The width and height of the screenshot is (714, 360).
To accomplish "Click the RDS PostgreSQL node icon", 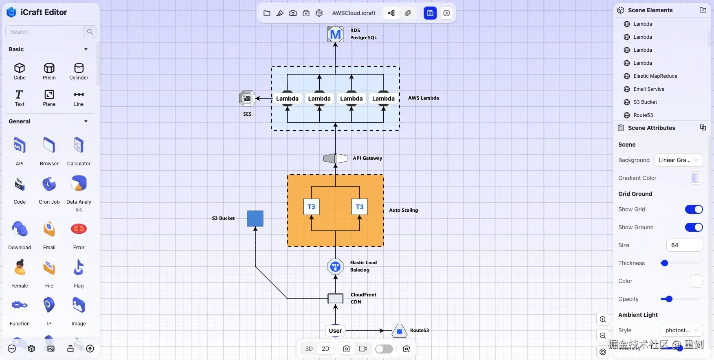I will coord(335,34).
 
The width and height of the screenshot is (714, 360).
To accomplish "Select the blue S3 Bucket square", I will coord(255,218).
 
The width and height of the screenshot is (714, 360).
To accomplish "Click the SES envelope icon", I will coord(247,99).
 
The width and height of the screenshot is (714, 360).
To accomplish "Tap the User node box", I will coord(335,331).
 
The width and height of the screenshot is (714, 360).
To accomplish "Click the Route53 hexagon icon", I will coord(399,331).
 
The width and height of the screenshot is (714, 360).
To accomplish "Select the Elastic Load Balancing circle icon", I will coord(335,267).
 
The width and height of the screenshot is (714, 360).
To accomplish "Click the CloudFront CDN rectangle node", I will coord(335,299).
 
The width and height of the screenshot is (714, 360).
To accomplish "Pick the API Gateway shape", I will coord(335,158).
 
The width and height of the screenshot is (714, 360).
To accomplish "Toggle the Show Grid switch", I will coord(694,209).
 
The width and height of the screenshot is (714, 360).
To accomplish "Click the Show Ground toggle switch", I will coord(694,227).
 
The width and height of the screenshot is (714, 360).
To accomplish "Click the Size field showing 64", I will coord(684,245).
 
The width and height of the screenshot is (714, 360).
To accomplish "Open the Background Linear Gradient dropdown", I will coord(678,160).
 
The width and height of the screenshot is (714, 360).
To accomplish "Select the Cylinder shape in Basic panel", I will coord(79,71).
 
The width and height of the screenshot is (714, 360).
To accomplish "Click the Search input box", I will coord(45,32).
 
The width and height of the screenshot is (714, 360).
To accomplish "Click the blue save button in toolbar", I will coord(430,13).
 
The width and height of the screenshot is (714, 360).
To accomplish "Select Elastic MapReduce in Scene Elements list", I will coord(655,76).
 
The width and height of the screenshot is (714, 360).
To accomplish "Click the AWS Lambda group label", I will coord(423,98).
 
